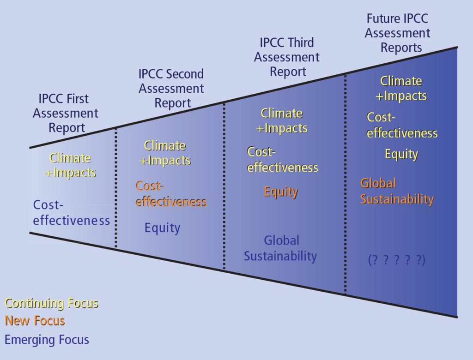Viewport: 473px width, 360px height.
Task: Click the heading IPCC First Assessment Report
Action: point(65,113)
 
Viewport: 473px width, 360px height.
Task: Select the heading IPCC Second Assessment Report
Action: point(171,88)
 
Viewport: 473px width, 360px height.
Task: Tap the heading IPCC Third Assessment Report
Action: point(287,57)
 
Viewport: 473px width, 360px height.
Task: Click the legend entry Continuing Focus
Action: point(51,303)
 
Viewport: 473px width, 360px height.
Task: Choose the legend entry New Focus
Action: point(35,320)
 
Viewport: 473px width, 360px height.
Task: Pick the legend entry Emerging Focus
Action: point(47,340)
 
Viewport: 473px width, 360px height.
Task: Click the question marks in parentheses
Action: point(397,260)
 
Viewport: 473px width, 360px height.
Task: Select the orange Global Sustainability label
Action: point(397,191)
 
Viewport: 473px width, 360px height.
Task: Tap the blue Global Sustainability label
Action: point(281,248)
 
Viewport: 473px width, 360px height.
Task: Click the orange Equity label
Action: point(281,192)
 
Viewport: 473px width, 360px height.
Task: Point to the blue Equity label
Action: point(162,228)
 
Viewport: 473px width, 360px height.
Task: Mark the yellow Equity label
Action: point(401,154)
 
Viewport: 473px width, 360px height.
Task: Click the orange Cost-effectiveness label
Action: point(171,194)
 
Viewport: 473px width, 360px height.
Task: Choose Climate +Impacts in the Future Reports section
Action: point(401,88)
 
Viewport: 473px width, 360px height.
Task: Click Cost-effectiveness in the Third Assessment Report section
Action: point(282,159)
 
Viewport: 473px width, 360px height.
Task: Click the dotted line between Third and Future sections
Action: point(346,185)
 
